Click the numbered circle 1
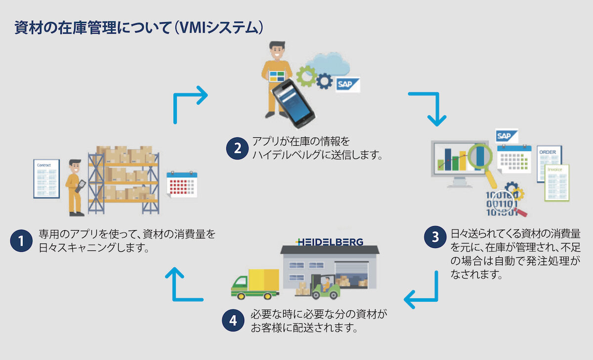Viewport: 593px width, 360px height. tap(21, 240)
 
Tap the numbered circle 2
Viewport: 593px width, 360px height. tap(238, 148)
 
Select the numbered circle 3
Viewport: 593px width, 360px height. tap(435, 237)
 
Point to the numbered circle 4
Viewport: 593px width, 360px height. tap(233, 320)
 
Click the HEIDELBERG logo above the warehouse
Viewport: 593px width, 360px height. tap(329, 242)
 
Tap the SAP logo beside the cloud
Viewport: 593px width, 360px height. tap(348, 84)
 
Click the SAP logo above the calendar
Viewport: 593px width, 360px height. tap(507, 136)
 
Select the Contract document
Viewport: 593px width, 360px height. tap(46, 179)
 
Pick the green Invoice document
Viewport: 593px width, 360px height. tap(557, 183)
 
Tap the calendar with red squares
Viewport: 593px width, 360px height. tap(182, 184)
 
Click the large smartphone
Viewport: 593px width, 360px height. tap(293, 104)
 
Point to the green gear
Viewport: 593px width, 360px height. tap(306, 77)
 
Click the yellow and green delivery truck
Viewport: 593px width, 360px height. tap(255, 284)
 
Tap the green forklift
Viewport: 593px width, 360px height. tap(325, 287)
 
